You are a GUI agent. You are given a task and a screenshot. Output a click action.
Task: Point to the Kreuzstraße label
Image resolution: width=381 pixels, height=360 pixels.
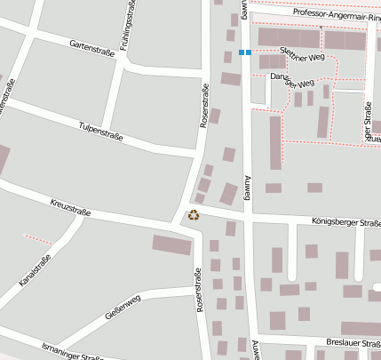[71, 207]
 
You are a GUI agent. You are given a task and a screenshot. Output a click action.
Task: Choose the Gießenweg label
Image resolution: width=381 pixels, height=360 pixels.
[123, 308]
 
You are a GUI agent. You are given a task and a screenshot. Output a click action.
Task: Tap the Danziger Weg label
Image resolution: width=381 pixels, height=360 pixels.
[292, 81]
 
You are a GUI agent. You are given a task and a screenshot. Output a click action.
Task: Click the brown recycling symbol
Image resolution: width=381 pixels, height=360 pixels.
[194, 214]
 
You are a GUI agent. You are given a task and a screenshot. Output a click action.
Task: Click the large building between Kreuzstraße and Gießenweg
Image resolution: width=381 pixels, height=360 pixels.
[171, 244]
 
